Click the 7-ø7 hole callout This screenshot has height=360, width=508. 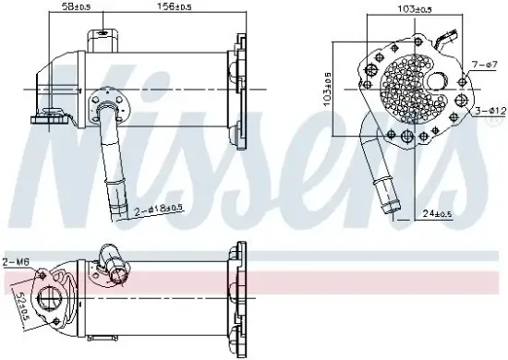pos(483,65)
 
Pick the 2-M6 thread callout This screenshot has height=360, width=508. pos(16,262)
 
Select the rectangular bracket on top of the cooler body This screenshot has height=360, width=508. pos(103,42)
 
